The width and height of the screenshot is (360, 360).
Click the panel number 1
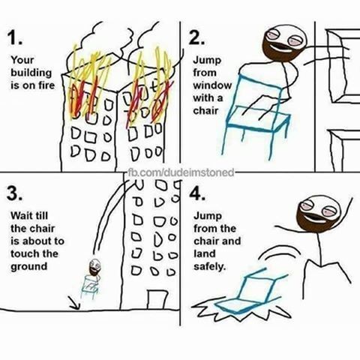point(14,39)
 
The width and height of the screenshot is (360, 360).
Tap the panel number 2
point(196,39)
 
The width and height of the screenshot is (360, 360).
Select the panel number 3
point(14,194)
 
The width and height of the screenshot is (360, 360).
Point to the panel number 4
point(197,193)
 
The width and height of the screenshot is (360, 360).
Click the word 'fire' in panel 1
point(46,85)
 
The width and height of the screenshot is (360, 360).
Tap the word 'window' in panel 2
point(212,85)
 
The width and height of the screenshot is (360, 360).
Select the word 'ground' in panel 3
point(28,267)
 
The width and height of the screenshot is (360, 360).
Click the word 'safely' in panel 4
point(209,267)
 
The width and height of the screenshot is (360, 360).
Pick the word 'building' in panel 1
point(31,73)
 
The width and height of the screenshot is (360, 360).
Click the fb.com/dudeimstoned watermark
point(181,172)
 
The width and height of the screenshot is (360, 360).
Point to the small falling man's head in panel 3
point(94,267)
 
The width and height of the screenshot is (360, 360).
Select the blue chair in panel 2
point(257,115)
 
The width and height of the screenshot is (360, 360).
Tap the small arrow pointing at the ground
point(74,302)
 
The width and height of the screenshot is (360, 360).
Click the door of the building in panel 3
point(157,300)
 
